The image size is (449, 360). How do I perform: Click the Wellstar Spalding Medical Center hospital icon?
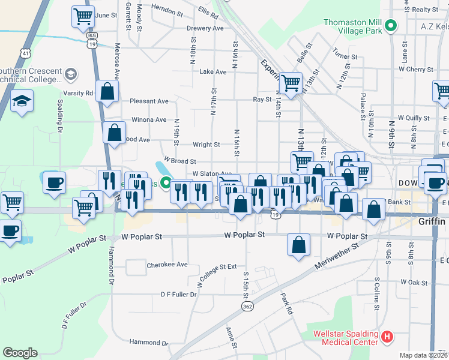(x=387, y=338)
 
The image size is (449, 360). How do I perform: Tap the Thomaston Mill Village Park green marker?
(x=391, y=26)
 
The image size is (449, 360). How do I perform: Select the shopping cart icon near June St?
(x=83, y=17)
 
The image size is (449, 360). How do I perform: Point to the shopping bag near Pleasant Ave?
(x=107, y=91)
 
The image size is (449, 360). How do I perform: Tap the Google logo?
(x=20, y=353)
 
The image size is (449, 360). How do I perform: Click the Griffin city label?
(x=432, y=221)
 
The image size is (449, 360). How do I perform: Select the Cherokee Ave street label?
(x=167, y=265)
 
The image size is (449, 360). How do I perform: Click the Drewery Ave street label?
(x=205, y=28)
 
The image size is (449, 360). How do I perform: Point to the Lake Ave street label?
(x=213, y=72)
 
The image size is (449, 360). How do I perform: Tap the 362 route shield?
(x=247, y=307)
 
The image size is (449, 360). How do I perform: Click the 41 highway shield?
(x=24, y=53)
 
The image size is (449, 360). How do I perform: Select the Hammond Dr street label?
(x=149, y=343)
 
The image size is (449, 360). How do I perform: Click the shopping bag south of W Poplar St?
(x=298, y=245)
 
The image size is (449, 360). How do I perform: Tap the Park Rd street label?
(x=286, y=304)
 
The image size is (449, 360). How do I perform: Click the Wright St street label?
(x=206, y=145)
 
